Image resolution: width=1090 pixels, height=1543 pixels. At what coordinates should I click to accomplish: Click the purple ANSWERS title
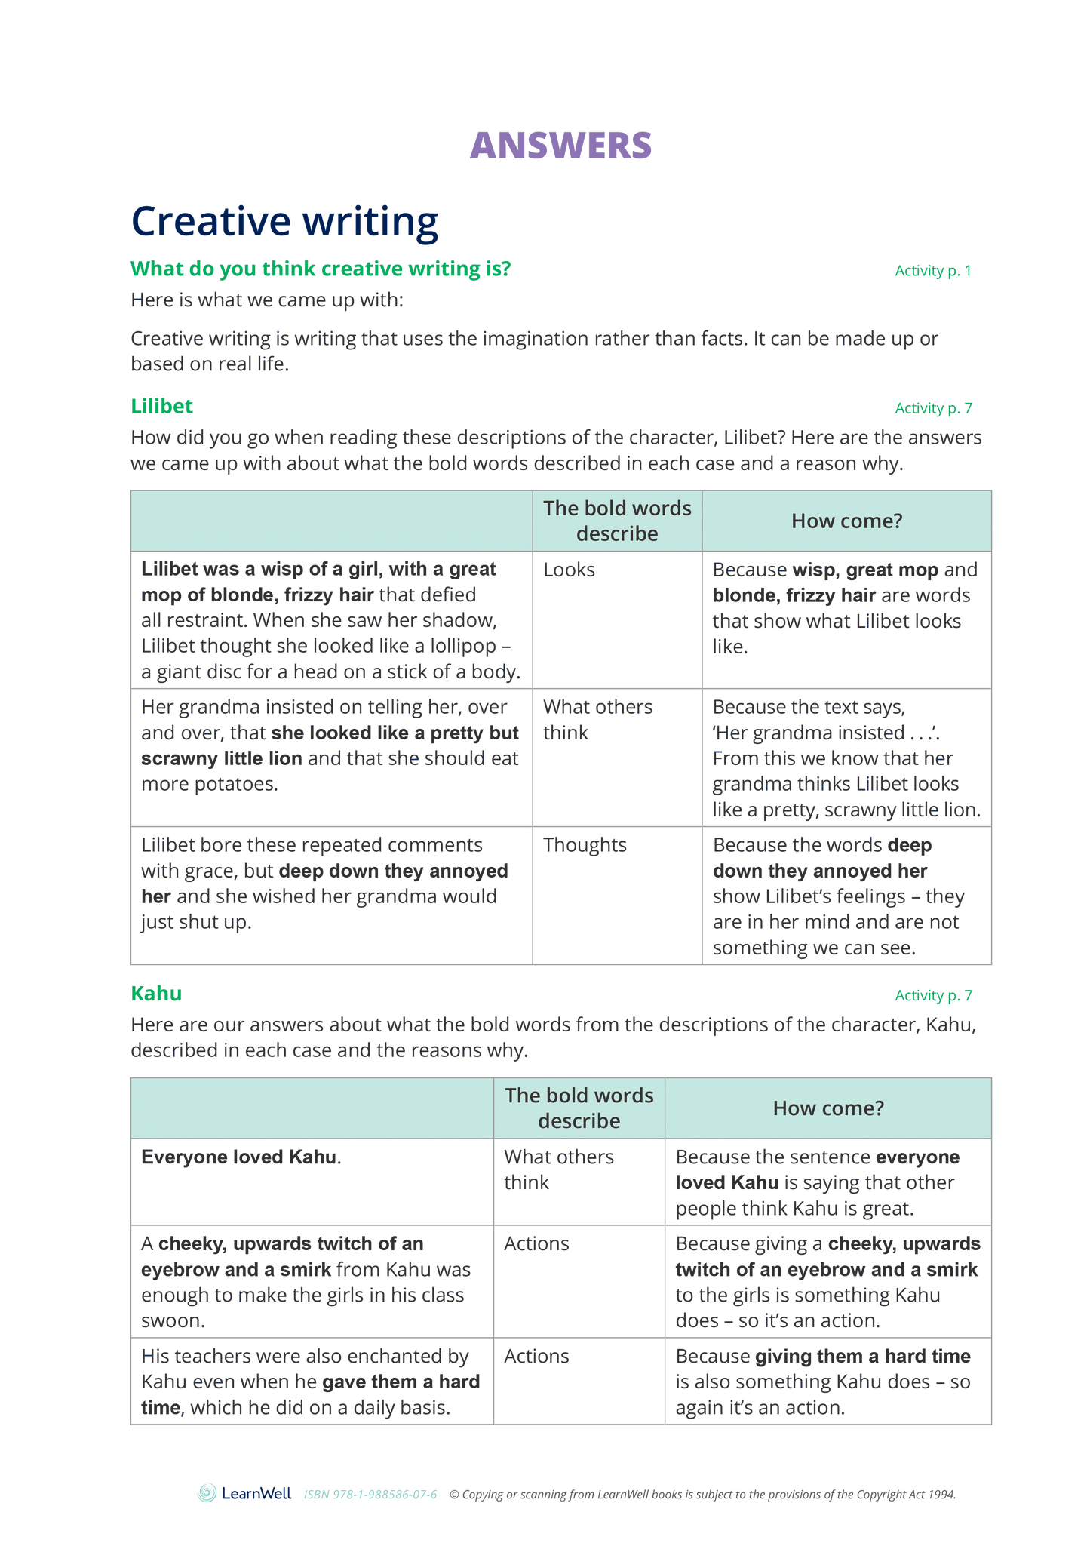coord(560,146)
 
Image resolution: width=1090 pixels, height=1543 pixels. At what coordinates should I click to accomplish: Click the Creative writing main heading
coord(284,221)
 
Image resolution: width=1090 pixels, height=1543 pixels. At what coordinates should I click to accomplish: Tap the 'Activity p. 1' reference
coord(932,271)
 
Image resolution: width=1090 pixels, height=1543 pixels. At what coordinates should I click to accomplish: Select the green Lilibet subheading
coord(161,407)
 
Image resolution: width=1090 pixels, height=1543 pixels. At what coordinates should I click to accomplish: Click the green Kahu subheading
coord(156,994)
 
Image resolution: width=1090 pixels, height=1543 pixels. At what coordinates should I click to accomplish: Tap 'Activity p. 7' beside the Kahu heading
coord(932,996)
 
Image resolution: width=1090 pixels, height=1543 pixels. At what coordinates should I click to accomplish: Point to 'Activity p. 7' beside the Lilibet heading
coord(932,409)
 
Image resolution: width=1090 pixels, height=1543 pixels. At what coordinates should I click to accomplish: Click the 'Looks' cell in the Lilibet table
coord(569,570)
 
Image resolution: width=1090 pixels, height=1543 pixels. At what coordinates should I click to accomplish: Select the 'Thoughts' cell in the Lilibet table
coord(585,845)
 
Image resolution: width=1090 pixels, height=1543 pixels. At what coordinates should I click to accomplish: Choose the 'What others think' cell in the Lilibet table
coord(597,719)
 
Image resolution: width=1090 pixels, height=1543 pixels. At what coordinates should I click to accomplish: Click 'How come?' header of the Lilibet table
coord(846,521)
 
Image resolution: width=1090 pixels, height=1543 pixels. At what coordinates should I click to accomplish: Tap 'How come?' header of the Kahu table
coord(827,1108)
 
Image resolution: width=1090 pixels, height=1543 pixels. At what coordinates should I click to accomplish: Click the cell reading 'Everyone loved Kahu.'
coord(241,1157)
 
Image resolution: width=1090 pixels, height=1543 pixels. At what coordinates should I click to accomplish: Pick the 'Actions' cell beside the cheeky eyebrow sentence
coord(536,1243)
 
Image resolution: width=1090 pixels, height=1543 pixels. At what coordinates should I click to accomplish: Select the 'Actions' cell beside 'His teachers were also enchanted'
coord(536,1356)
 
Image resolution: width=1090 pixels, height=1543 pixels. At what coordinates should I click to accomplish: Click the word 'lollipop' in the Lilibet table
coord(462,646)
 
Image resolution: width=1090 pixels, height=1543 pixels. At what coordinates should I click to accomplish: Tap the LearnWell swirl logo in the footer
coord(207,1493)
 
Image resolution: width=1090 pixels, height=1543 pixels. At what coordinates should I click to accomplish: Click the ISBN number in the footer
coord(370,1495)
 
